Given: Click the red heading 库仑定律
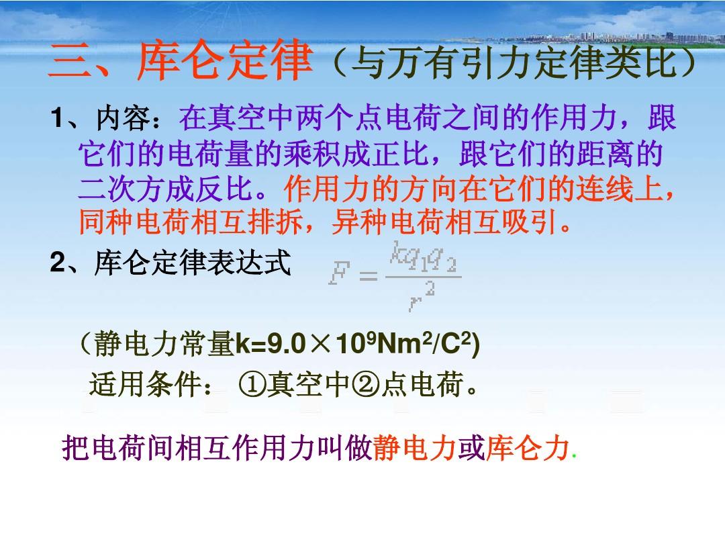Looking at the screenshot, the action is [225, 60].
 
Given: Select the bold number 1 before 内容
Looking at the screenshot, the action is [57, 118].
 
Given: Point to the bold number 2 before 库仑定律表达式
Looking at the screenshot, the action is [58, 263].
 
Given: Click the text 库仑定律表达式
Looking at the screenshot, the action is [193, 263].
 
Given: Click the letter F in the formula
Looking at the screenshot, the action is [339, 272].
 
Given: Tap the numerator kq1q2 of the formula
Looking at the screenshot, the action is [423, 256].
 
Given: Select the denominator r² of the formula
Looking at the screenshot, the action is [422, 297].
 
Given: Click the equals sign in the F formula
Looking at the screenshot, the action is [368, 276].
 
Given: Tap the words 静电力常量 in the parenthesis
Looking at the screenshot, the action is [164, 344].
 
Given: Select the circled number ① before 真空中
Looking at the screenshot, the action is [252, 385].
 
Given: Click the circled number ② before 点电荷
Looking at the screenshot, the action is [367, 385].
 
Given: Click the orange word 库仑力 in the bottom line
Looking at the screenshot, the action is [528, 448].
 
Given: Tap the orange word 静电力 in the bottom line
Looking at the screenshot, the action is [415, 448].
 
